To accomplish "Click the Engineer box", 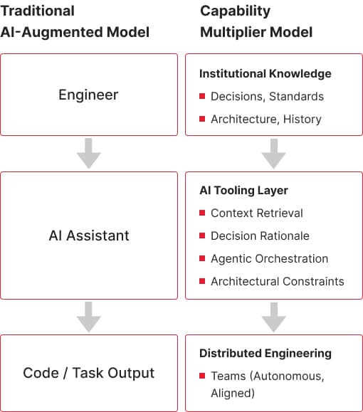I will [x=89, y=95].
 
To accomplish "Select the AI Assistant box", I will [x=89, y=236].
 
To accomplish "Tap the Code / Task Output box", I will [x=89, y=373].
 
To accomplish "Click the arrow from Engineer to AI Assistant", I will [x=89, y=153].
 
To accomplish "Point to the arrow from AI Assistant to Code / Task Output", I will [x=89, y=317].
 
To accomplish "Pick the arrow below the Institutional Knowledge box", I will [x=273, y=153].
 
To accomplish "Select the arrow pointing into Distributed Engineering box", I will [x=273, y=317].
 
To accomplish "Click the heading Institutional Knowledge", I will [x=265, y=74].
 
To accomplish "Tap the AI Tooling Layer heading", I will [x=243, y=191].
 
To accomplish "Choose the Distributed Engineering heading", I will [x=265, y=353].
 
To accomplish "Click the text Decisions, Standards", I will [x=267, y=96].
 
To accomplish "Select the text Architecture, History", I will [x=266, y=120].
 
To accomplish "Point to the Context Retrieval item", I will [x=257, y=213].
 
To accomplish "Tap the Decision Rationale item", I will [x=260, y=236].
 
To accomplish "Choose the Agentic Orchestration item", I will [x=269, y=258].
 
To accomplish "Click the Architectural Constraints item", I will [x=277, y=281].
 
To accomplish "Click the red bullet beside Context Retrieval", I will [x=202, y=213].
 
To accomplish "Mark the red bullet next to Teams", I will [x=202, y=376].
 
